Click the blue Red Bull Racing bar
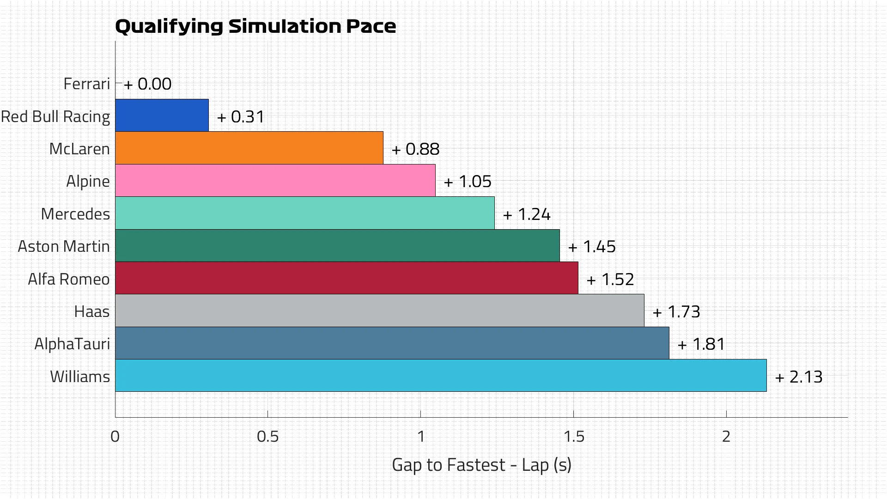(x=162, y=116)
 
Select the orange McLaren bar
(x=249, y=148)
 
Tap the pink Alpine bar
(x=275, y=181)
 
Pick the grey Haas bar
(x=379, y=310)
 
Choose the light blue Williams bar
(x=441, y=376)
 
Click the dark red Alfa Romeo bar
(x=346, y=278)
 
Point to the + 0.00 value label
(x=148, y=84)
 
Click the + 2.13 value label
(x=799, y=377)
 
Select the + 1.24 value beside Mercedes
(x=527, y=214)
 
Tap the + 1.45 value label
(x=592, y=247)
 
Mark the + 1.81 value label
(x=701, y=344)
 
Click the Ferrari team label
(x=87, y=84)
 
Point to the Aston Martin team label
(x=64, y=247)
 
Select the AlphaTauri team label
(x=72, y=344)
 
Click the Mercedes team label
(x=75, y=214)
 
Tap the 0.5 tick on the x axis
(x=268, y=437)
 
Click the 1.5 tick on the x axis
(x=574, y=437)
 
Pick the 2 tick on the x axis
(x=726, y=437)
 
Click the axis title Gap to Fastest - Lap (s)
(x=481, y=465)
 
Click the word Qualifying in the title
(x=169, y=26)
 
